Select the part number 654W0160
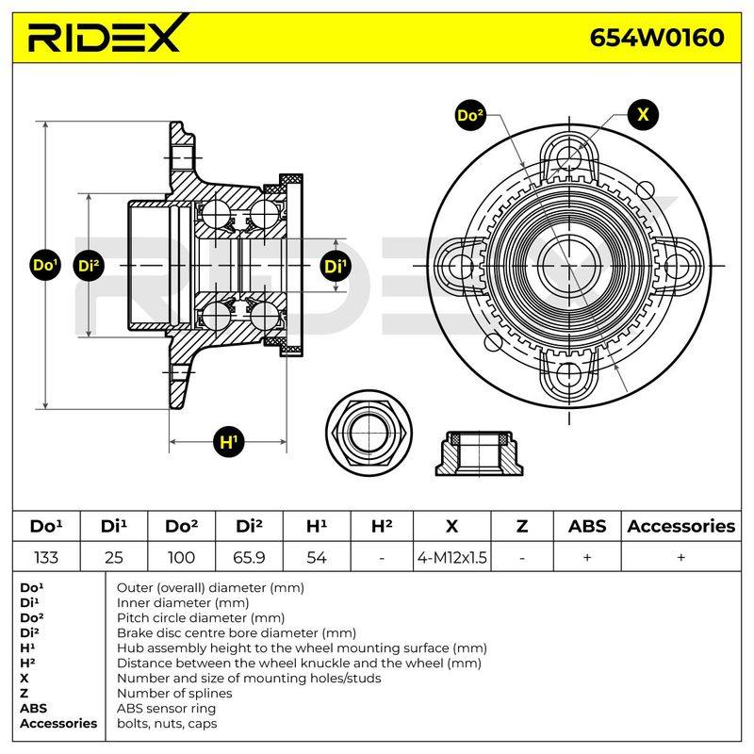click(x=657, y=38)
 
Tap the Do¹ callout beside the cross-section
click(x=45, y=265)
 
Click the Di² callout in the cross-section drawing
click(x=89, y=266)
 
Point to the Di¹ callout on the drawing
click(x=336, y=266)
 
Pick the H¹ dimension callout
click(x=229, y=441)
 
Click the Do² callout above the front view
click(x=470, y=115)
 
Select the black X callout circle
click(x=643, y=114)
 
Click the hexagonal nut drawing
click(x=369, y=432)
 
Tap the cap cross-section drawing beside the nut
click(x=480, y=453)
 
